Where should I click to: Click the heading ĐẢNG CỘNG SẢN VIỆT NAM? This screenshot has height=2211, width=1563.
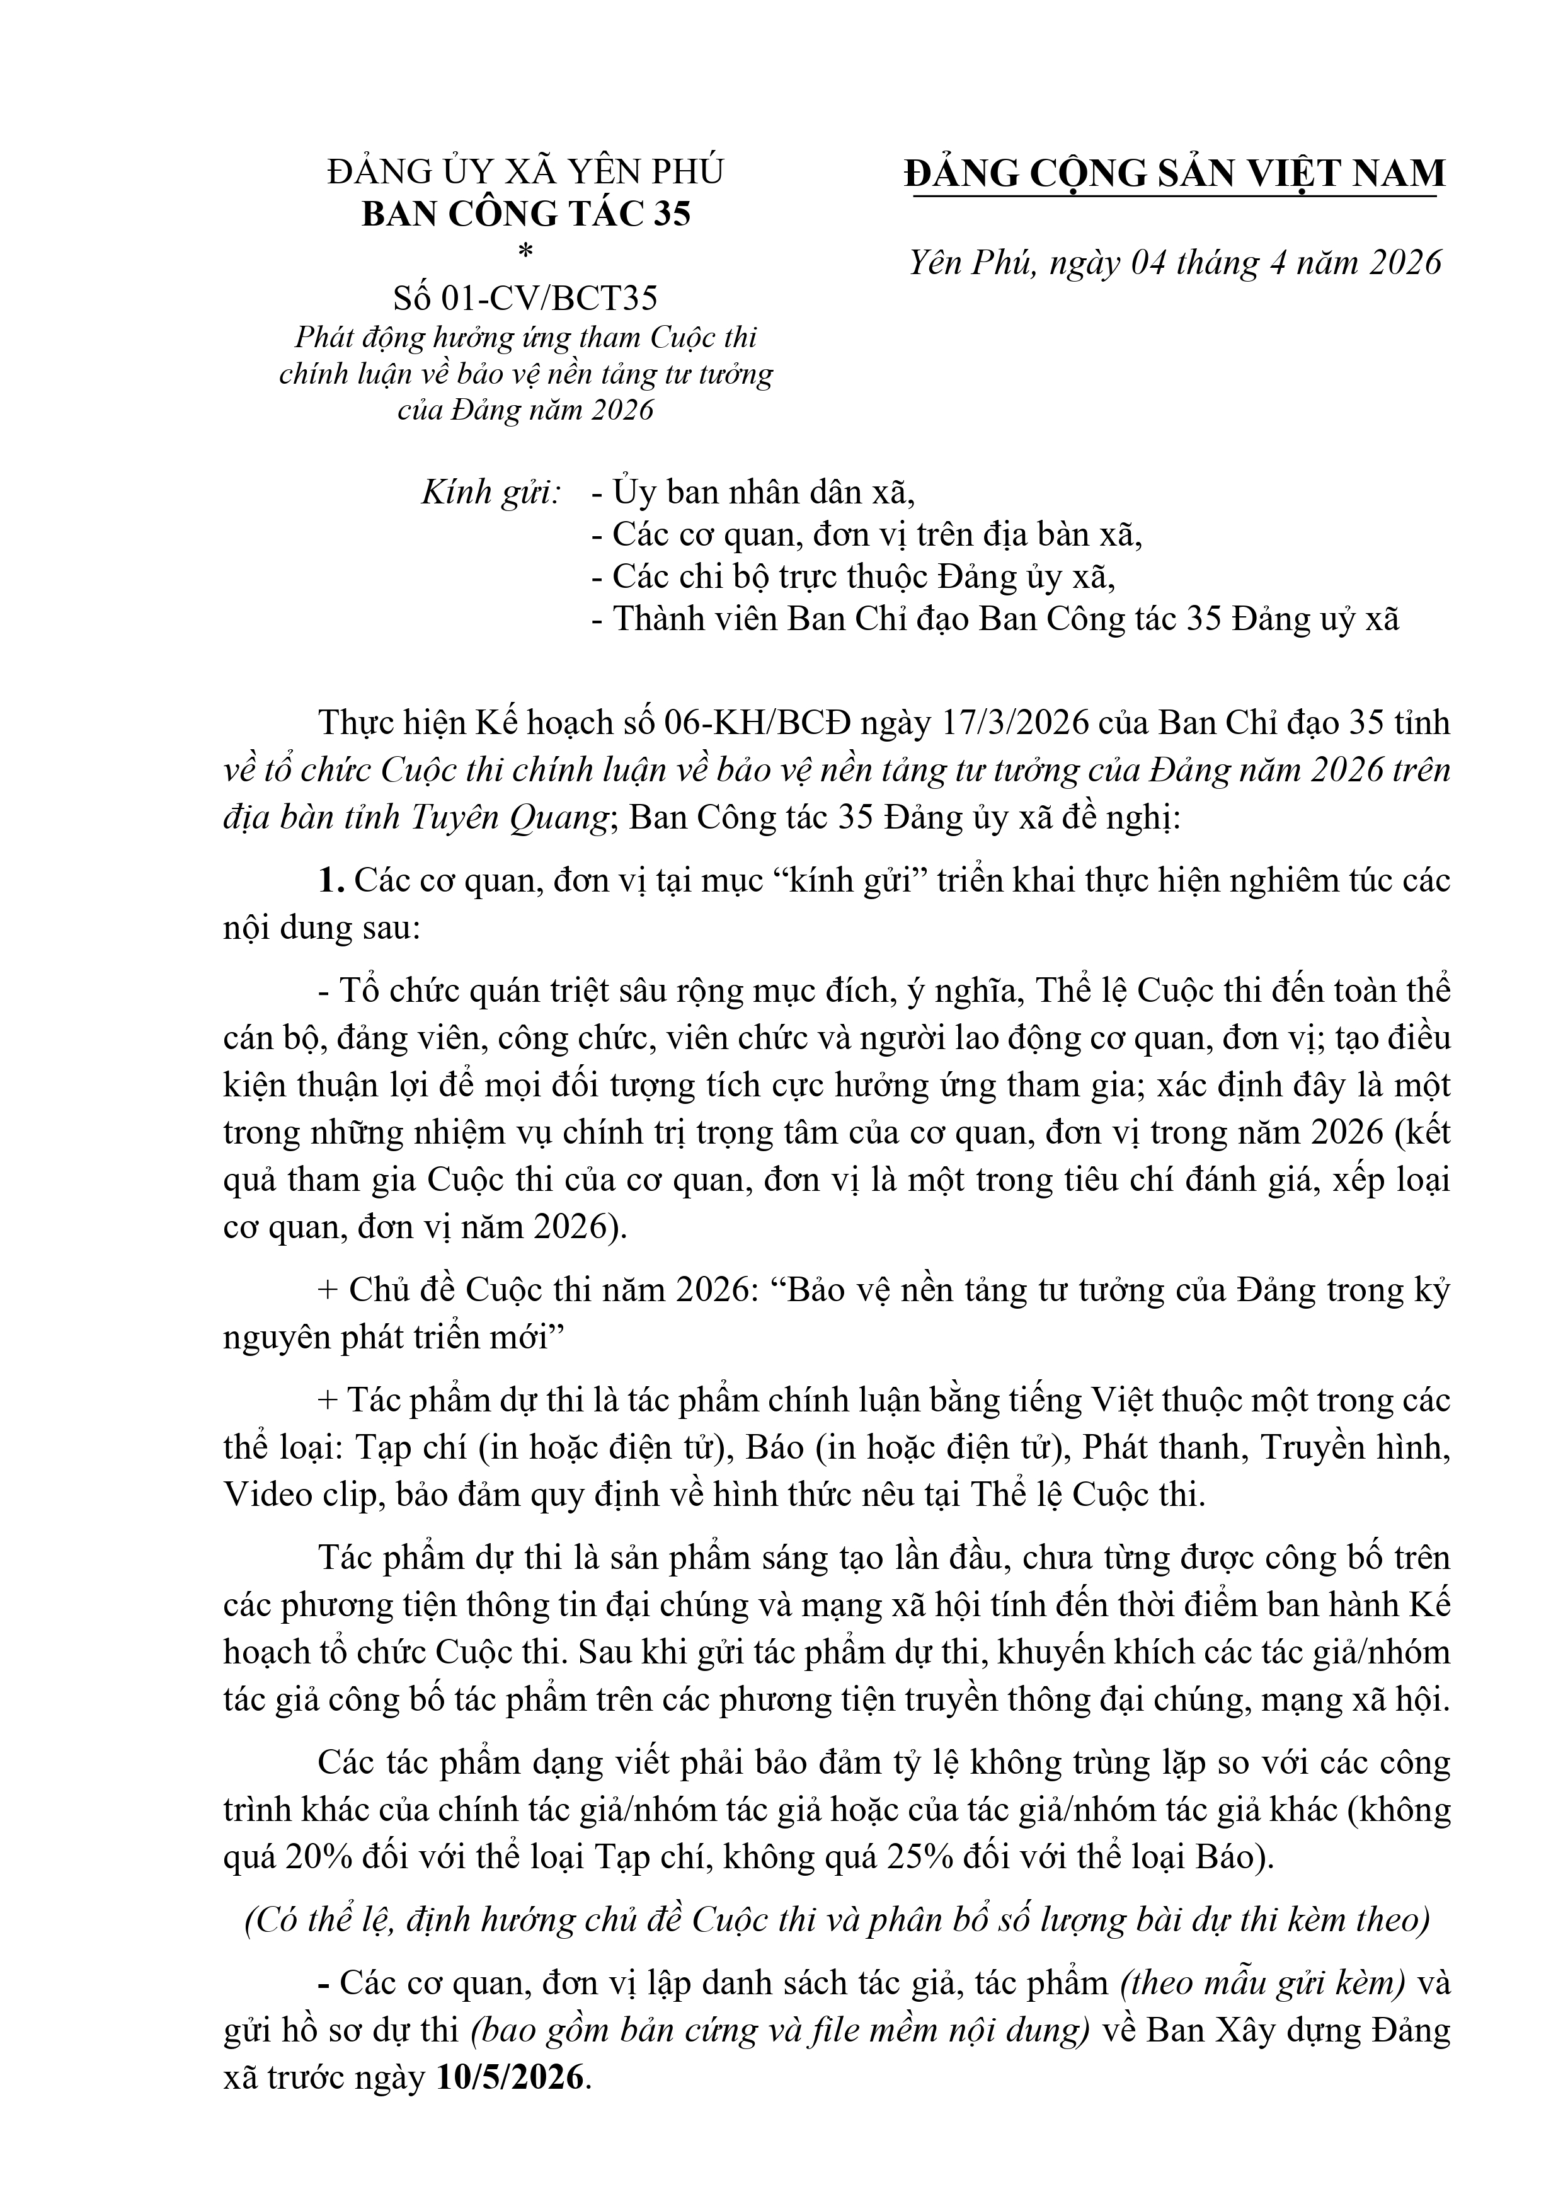[1175, 173]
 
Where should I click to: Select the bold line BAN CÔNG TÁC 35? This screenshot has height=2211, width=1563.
[526, 214]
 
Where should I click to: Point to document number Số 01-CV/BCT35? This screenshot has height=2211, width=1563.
[526, 299]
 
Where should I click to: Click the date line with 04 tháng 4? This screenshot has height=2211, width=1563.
[1175, 263]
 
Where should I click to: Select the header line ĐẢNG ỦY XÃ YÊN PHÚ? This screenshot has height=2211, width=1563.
[526, 171]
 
